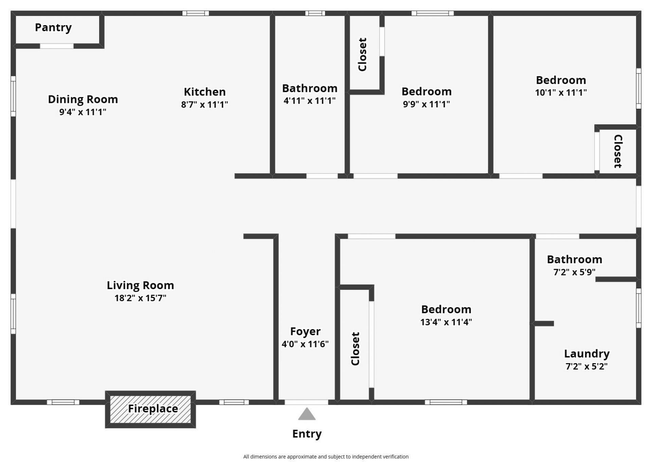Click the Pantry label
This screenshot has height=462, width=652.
[x=53, y=28]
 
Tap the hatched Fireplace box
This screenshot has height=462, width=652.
[x=150, y=409]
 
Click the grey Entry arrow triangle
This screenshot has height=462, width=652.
[x=307, y=414]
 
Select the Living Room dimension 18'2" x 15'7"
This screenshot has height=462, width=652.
[x=140, y=298]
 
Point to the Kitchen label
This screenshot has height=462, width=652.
[x=204, y=92]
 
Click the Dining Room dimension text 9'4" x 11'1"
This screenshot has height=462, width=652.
[x=83, y=112]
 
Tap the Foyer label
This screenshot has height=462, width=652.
[x=305, y=331]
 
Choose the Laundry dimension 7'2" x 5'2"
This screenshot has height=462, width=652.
[x=586, y=366]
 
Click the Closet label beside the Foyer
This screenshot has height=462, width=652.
[x=355, y=349]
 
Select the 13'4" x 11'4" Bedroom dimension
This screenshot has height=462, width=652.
[x=446, y=322]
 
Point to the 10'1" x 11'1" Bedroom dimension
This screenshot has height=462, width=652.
[x=561, y=92]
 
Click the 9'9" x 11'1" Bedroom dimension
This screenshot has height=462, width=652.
[x=426, y=104]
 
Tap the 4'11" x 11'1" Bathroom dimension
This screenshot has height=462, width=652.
[x=309, y=101]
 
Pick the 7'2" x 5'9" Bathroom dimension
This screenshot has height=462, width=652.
[x=574, y=272]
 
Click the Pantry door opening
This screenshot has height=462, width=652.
[x=57, y=46]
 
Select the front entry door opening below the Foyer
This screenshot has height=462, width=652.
[x=306, y=402]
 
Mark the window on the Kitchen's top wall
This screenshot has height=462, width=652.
[x=196, y=13]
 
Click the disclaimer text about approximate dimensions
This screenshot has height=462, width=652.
[x=326, y=457]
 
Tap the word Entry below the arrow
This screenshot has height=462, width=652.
[x=307, y=434]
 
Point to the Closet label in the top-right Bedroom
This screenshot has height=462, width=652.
[x=618, y=151]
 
